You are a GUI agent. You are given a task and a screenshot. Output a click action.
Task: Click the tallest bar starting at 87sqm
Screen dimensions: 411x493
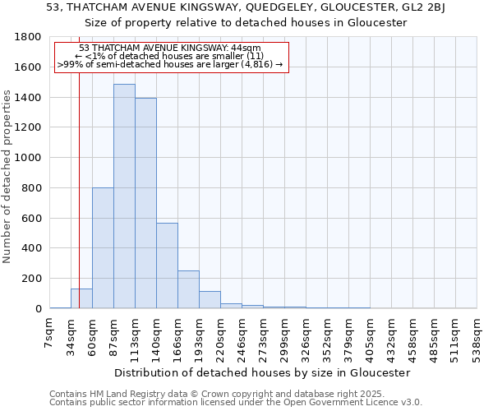point(124,197)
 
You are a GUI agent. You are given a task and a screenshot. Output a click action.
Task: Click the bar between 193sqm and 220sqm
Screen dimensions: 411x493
point(210,300)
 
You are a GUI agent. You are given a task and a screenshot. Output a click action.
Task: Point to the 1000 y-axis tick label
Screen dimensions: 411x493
point(30,158)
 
